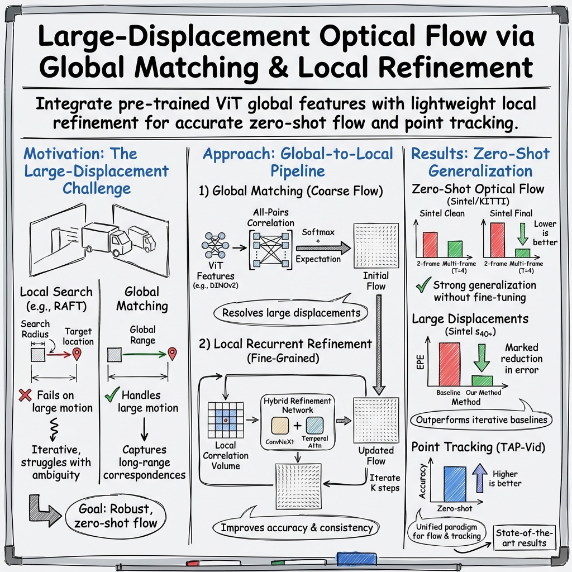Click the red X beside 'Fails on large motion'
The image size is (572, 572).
point(25,396)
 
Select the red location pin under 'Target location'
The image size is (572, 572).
point(77,354)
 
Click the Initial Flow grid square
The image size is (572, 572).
point(376,246)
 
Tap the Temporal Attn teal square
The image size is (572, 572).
point(314,426)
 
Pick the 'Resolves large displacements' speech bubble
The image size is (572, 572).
point(291,313)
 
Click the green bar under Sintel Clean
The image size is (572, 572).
point(455,249)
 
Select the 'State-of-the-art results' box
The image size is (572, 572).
point(522,538)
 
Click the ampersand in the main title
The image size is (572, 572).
point(283,67)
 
